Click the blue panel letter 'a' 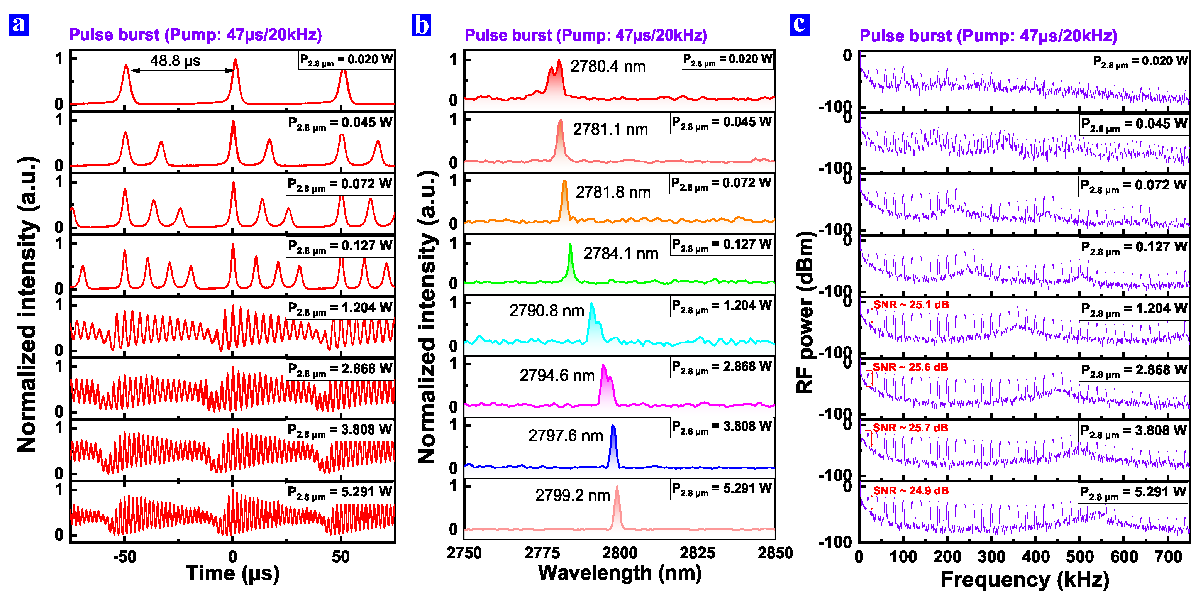point(19,24)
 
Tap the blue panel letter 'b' point(421,24)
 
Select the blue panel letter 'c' point(800,24)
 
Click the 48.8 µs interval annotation point(175,61)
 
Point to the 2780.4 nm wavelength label point(608,67)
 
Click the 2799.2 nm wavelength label point(573,495)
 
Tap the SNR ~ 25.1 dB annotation point(911,305)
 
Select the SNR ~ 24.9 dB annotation point(911,491)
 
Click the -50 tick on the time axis point(125,557)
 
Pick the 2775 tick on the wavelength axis point(542,553)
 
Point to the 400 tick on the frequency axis point(1036,557)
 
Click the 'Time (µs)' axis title point(232,573)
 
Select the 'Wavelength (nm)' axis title point(620,573)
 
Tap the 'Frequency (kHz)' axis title point(1025,580)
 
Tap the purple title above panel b point(586,36)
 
